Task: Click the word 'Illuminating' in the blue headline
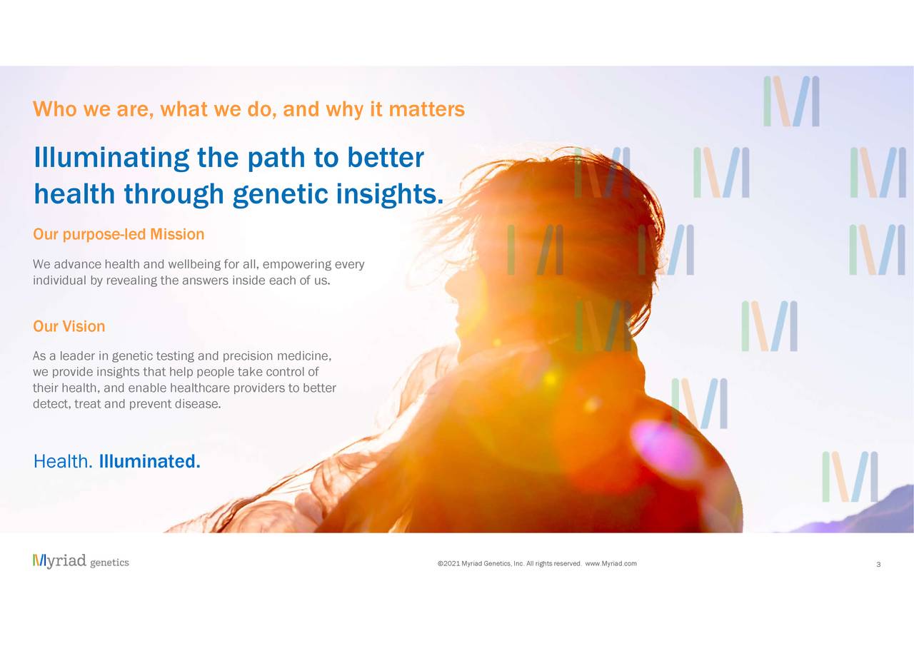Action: click(x=111, y=158)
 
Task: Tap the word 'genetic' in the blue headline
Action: click(x=281, y=194)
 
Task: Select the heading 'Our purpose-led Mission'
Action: click(x=119, y=235)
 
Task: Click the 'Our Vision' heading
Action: click(x=69, y=326)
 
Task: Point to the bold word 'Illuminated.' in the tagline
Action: click(x=150, y=461)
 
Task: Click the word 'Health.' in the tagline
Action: click(x=63, y=461)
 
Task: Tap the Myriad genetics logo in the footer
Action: click(x=81, y=561)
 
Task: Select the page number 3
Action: click(x=878, y=565)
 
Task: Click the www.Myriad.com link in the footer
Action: click(x=611, y=564)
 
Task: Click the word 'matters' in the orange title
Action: click(x=426, y=109)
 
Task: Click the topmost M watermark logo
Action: click(x=791, y=101)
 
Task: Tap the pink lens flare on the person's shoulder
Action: click(x=663, y=448)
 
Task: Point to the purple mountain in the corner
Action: click(x=861, y=515)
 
